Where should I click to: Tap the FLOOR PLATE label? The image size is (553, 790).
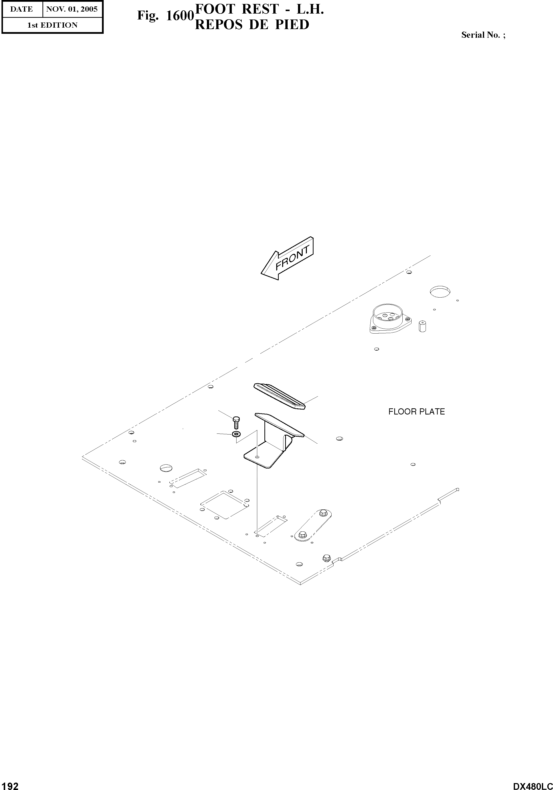click(416, 412)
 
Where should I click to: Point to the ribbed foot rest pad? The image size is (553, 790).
click(280, 396)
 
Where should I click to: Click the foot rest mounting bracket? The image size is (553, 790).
click(272, 444)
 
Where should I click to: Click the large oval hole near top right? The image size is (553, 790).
click(440, 291)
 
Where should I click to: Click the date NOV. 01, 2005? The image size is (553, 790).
click(72, 9)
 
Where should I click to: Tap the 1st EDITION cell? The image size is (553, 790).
click(52, 25)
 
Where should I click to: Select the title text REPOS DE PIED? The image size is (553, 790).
click(252, 25)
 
